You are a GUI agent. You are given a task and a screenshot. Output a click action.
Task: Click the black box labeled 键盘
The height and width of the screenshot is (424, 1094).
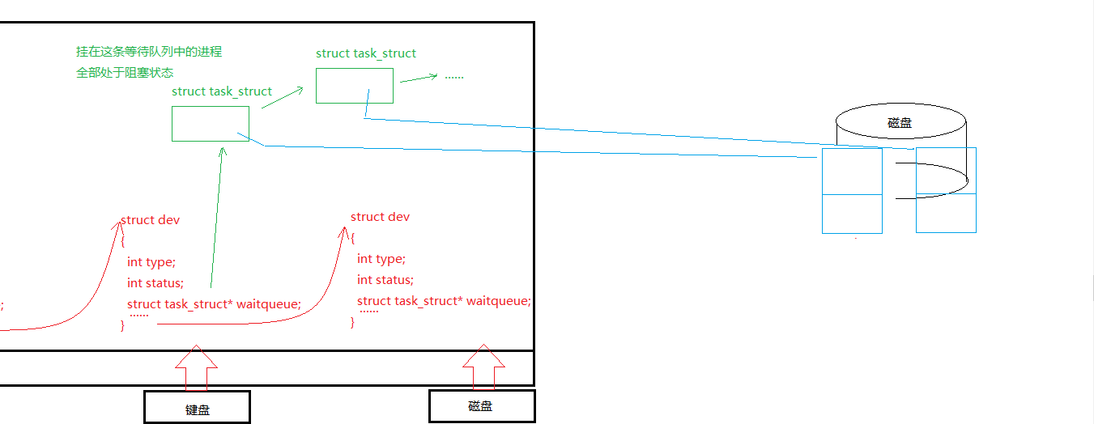tap(197, 407)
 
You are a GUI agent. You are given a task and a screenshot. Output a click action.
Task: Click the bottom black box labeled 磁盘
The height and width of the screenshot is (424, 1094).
tap(481, 405)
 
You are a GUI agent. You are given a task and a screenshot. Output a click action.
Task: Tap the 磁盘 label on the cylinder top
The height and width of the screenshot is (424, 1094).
tap(900, 123)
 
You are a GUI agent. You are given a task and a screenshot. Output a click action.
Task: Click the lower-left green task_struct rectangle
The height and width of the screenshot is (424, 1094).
tap(210, 124)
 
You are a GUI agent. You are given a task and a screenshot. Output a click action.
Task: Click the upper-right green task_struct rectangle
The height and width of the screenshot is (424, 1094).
tap(354, 86)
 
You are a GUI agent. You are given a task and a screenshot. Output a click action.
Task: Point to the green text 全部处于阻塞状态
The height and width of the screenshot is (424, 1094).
tap(125, 72)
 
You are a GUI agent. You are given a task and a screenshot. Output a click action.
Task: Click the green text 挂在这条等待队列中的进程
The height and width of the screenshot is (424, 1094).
tap(149, 51)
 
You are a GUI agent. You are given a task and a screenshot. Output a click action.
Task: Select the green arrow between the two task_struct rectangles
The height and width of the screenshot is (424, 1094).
tap(282, 97)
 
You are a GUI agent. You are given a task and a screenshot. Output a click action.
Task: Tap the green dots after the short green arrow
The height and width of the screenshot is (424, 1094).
tap(453, 76)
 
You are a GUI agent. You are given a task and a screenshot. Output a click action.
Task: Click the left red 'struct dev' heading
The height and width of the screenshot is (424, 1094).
tap(151, 220)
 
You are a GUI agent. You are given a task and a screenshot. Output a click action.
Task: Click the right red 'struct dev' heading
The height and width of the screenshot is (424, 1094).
tap(380, 217)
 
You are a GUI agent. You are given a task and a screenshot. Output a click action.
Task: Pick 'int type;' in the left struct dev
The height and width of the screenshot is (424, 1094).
tap(151, 262)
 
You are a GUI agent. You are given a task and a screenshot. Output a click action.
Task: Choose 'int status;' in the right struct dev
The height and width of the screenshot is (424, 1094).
tap(385, 280)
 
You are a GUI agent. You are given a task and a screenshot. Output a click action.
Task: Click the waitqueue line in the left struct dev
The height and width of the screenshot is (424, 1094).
tap(214, 304)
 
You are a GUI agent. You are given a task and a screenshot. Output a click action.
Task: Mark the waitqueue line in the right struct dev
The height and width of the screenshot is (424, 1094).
tap(444, 301)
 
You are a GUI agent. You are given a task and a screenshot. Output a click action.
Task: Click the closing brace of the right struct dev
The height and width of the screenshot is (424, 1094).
tap(353, 322)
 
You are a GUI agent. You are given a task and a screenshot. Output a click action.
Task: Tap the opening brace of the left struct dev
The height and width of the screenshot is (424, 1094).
tap(123, 240)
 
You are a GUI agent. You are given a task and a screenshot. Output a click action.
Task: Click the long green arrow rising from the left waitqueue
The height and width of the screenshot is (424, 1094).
tap(216, 218)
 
